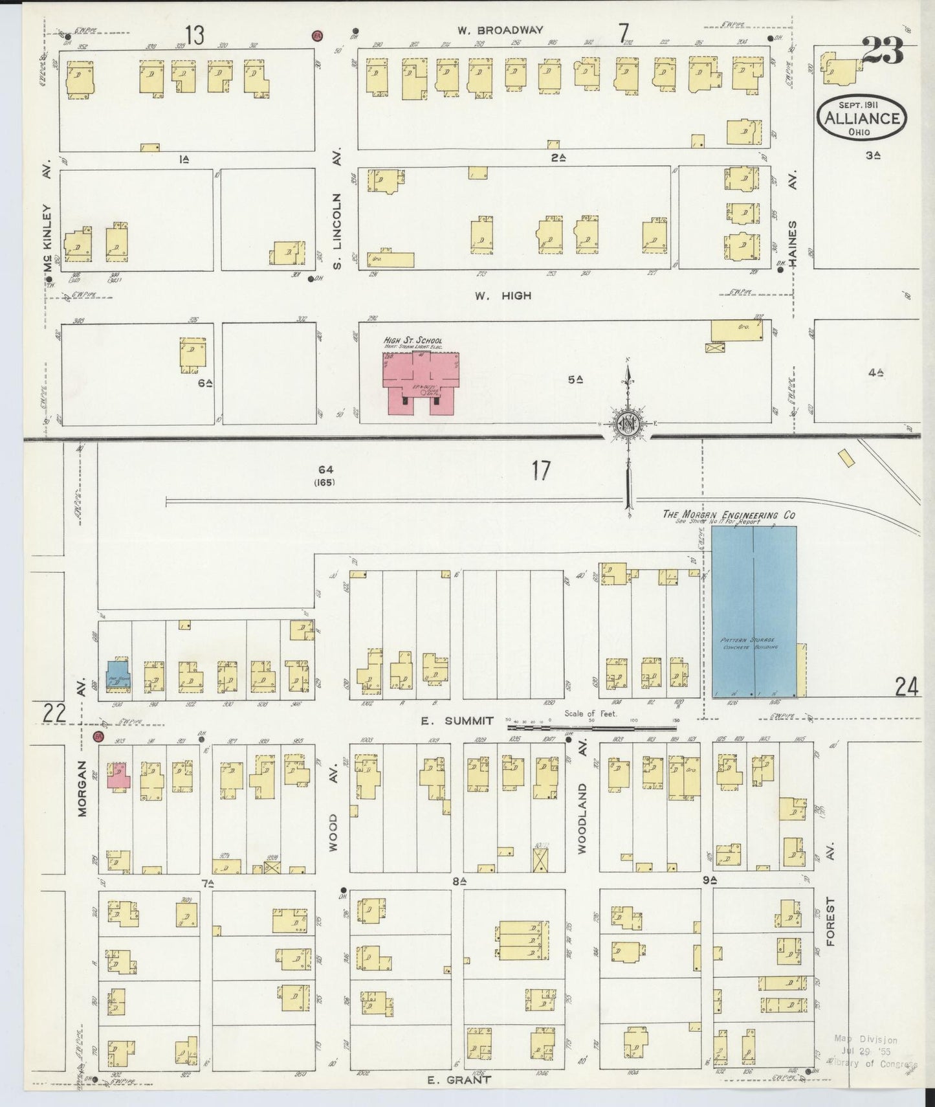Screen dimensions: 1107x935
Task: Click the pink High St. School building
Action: (421, 383)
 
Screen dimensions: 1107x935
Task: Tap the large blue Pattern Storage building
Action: (754, 612)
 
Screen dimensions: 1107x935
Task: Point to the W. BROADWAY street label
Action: (500, 30)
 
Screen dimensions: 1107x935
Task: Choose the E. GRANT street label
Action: (459, 1080)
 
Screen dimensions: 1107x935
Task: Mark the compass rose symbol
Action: (628, 424)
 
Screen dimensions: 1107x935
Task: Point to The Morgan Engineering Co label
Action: (728, 515)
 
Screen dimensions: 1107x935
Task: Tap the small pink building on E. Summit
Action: (119, 776)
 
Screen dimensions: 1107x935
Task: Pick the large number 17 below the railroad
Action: (541, 471)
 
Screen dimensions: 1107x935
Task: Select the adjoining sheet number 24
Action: (907, 687)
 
